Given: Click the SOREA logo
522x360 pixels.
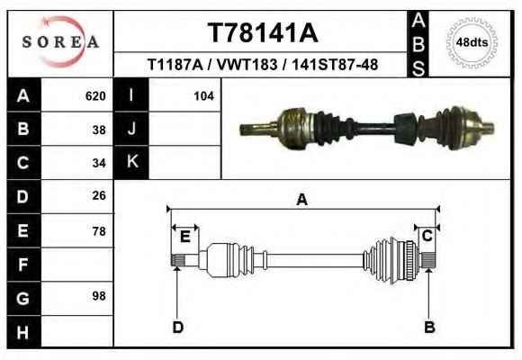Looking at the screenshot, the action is pyautogui.click(x=60, y=42).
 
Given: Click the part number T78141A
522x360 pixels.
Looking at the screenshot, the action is pyautogui.click(x=263, y=32).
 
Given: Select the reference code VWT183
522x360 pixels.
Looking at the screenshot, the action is pyautogui.click(x=247, y=64).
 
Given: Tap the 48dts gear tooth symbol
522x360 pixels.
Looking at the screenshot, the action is pyautogui.click(x=472, y=42).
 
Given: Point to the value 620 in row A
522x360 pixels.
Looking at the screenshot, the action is pyautogui.click(x=95, y=96).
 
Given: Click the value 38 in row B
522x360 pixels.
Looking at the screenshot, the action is pyautogui.click(x=99, y=130).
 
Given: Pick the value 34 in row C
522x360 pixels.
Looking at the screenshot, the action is pyautogui.click(x=99, y=163).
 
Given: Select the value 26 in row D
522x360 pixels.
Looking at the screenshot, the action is pyautogui.click(x=99, y=195).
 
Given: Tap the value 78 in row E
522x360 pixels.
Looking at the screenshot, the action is pyautogui.click(x=99, y=231).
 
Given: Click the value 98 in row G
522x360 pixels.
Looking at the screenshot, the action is pyautogui.click(x=99, y=296).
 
